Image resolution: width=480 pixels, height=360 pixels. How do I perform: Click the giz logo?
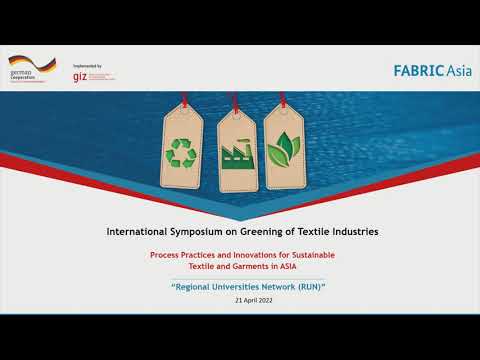pos(80,76)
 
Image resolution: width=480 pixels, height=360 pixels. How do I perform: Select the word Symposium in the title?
pos(205,232)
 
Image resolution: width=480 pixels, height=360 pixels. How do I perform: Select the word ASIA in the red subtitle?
pos(297,265)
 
